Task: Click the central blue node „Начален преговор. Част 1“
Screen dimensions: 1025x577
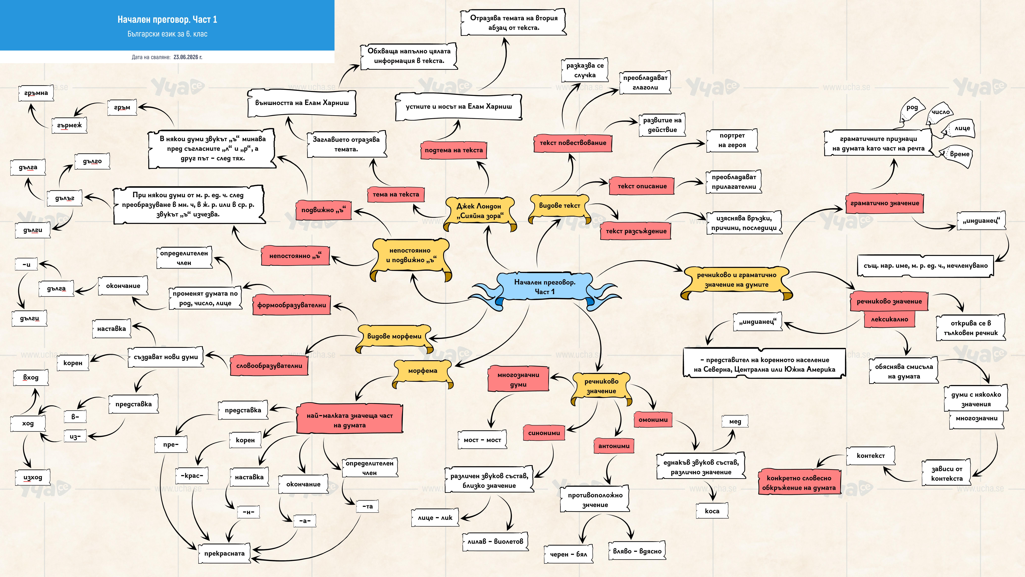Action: [x=544, y=287]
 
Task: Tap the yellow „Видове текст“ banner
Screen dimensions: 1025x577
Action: [x=559, y=206]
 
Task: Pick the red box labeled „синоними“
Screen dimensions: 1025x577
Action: [x=544, y=433]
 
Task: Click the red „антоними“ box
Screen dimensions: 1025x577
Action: [x=614, y=446]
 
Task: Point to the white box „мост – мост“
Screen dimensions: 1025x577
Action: [x=482, y=440]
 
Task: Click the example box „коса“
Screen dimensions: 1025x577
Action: [x=712, y=511]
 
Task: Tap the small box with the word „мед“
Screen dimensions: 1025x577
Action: [x=735, y=421]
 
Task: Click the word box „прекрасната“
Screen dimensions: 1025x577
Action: [x=224, y=554]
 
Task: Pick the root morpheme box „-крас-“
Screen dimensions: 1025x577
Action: [x=192, y=475]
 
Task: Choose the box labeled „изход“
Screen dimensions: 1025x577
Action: [x=33, y=477]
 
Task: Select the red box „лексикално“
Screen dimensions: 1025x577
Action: [x=889, y=319]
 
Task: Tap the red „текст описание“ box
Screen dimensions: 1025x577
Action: [x=642, y=186]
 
